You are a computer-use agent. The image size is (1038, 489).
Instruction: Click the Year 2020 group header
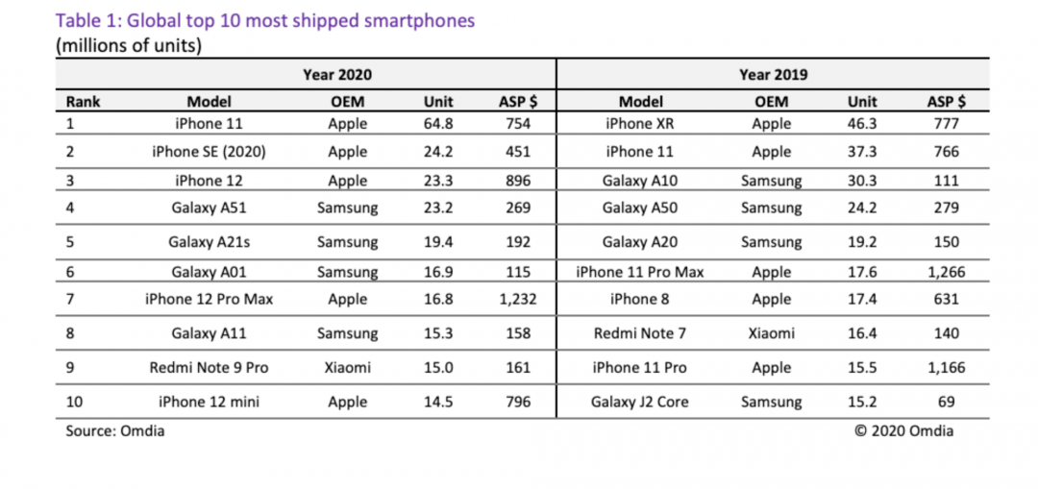(x=337, y=74)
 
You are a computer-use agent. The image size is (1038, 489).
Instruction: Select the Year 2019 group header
(x=773, y=74)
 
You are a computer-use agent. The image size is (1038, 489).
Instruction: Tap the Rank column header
(x=83, y=101)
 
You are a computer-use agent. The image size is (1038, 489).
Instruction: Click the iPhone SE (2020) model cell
(x=209, y=151)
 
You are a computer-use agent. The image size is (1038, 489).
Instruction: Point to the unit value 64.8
(x=438, y=123)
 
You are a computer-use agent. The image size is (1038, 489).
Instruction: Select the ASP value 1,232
(x=514, y=299)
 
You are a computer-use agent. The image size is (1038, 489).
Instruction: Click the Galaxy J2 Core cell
(x=639, y=402)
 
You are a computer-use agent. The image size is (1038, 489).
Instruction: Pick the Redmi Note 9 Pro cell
(x=209, y=367)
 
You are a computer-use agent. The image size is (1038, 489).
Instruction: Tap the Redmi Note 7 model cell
(x=639, y=333)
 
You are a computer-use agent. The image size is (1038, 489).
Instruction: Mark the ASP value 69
(x=947, y=402)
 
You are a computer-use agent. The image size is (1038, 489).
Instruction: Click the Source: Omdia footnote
(x=114, y=430)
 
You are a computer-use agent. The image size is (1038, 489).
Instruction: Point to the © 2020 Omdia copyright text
(x=903, y=430)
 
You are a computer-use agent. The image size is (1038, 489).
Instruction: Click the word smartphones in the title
(x=415, y=20)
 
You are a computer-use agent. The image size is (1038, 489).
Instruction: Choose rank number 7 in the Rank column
(x=70, y=299)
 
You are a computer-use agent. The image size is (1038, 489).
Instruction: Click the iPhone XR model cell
(x=639, y=123)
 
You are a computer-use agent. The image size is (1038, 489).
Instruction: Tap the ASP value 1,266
(x=947, y=272)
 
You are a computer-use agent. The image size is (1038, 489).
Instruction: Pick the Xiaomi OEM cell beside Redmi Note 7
(x=771, y=333)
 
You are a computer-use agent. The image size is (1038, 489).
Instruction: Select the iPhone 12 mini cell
(x=209, y=402)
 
